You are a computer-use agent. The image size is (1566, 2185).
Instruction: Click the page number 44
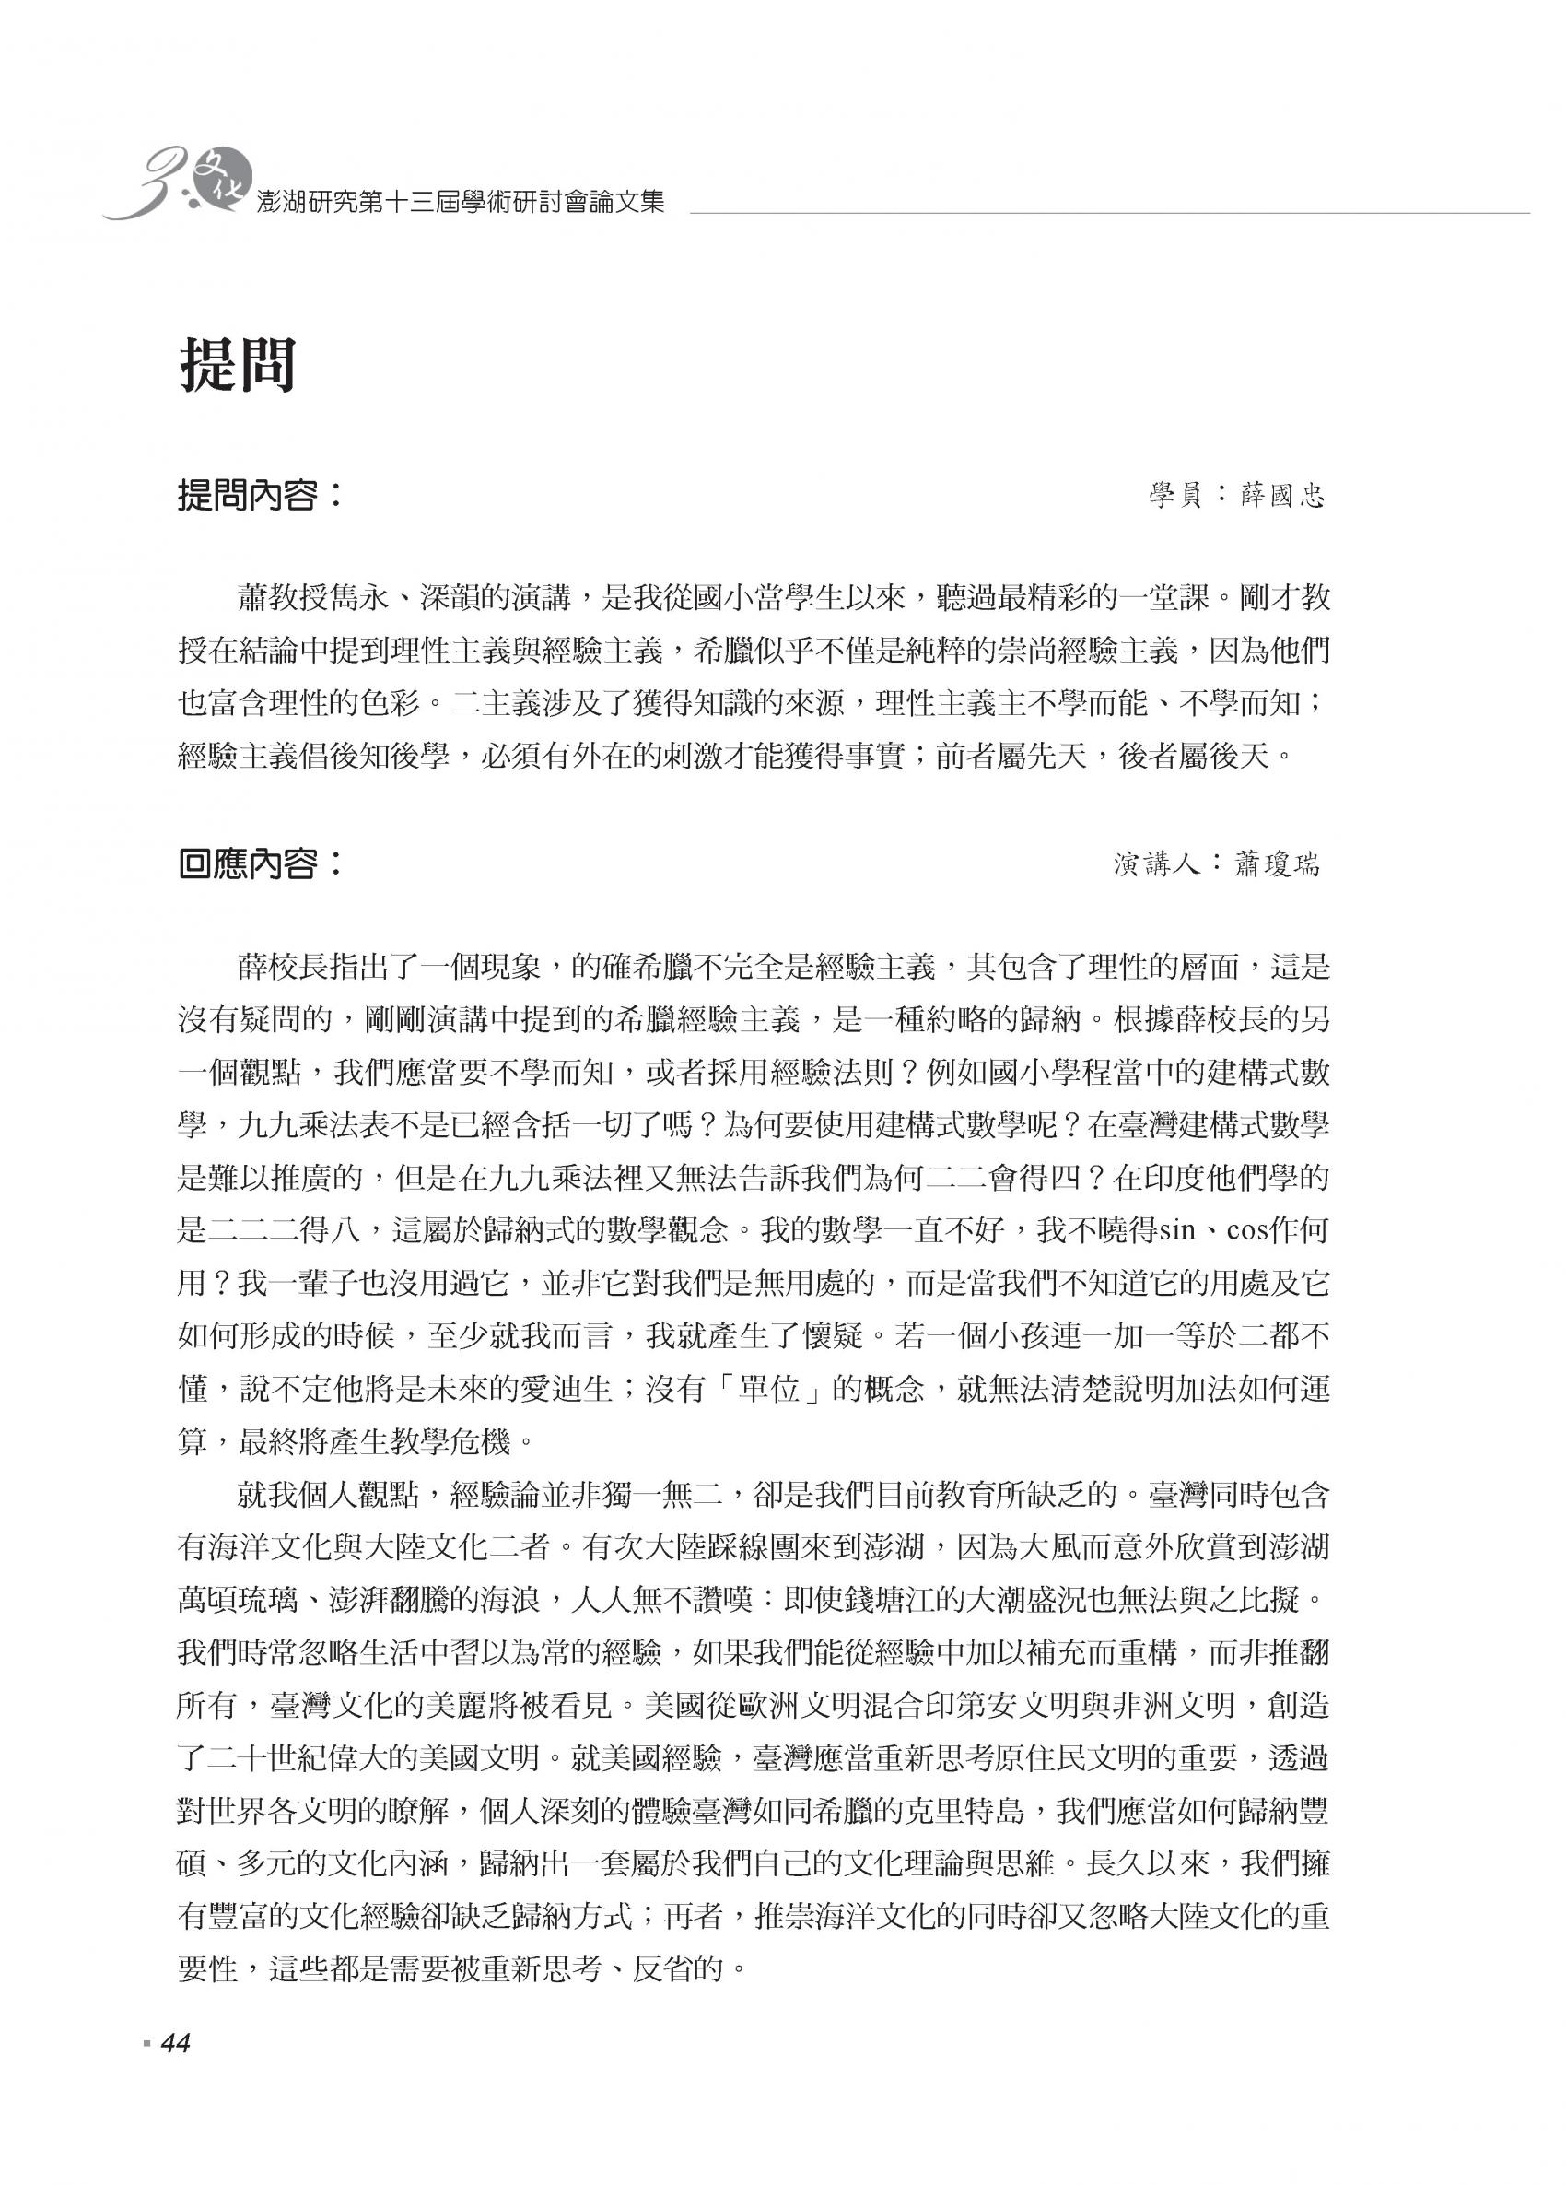click(x=176, y=2070)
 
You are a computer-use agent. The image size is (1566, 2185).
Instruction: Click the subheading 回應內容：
click(x=260, y=863)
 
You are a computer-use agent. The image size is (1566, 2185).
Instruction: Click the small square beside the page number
click(x=146, y=2070)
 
